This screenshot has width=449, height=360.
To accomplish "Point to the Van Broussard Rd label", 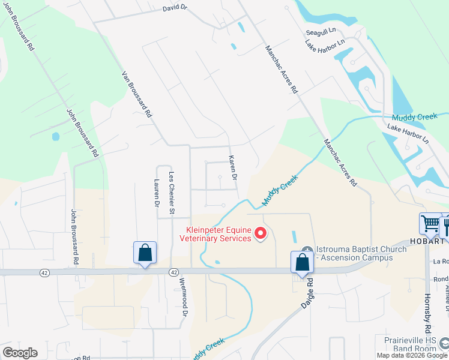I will pyautogui.click(x=137, y=95).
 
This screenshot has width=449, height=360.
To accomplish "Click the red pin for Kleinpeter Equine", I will pyautogui.click(x=261, y=233).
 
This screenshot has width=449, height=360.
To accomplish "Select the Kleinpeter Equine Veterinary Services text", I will pyautogui.click(x=215, y=234).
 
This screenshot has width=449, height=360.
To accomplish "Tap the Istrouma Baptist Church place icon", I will pyautogui.click(x=307, y=250).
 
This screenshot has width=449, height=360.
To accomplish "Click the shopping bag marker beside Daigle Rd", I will pyautogui.click(x=301, y=263).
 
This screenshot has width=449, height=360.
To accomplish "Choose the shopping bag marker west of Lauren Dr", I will pyautogui.click(x=145, y=253).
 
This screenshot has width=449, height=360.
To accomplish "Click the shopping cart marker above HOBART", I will pyautogui.click(x=430, y=224).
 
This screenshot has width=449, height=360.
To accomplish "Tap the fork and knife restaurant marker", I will pyautogui.click(x=445, y=227).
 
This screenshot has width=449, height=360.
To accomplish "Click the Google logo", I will pyautogui.click(x=20, y=353).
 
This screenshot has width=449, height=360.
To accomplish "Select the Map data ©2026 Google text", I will pyautogui.click(x=411, y=355).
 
